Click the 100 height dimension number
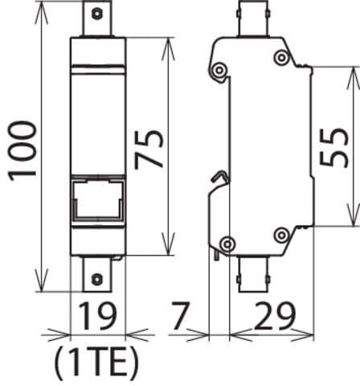pos(22,150)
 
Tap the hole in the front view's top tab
pos(97,14)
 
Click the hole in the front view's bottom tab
pos(97,278)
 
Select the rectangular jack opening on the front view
pos(97,200)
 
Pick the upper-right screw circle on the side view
pos(281,56)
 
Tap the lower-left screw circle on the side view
pos(227,243)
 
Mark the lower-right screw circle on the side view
pos(281,235)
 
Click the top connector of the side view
pos(257,19)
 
